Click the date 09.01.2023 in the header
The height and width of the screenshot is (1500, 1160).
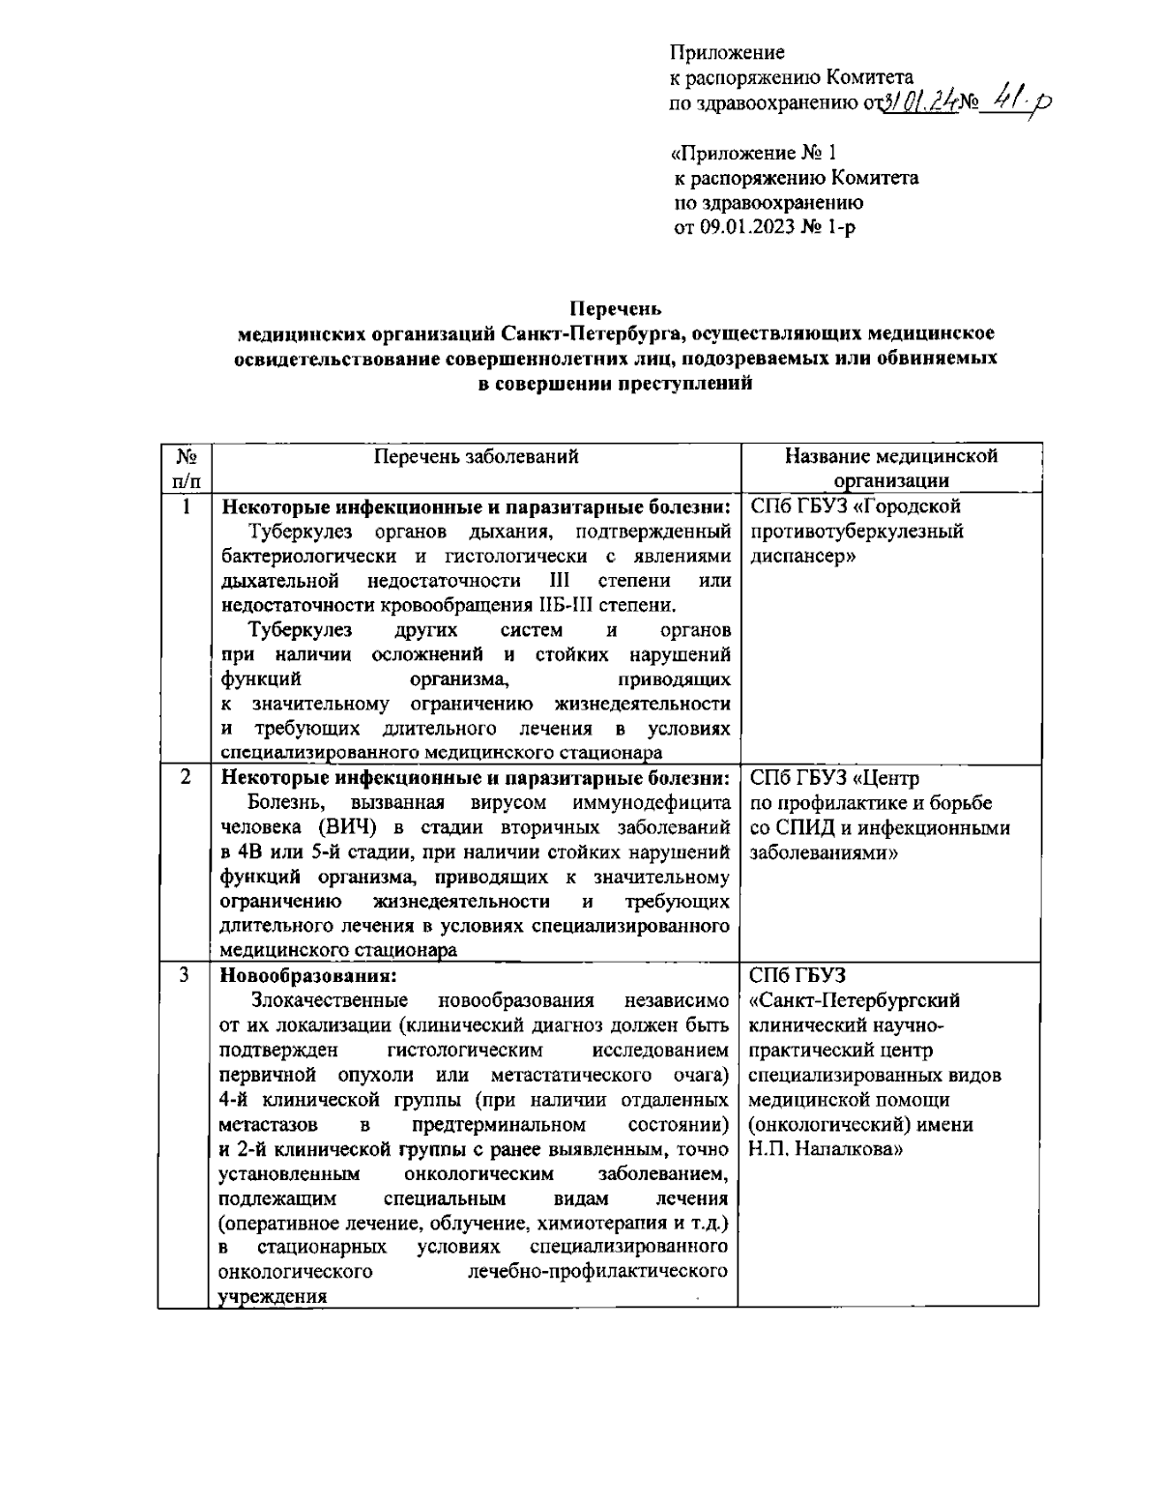[x=745, y=228]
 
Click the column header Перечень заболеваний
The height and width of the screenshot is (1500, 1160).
[x=476, y=457]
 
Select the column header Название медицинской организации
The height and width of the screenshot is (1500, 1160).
[x=890, y=468]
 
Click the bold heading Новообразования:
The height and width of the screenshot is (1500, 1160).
[x=308, y=975]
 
